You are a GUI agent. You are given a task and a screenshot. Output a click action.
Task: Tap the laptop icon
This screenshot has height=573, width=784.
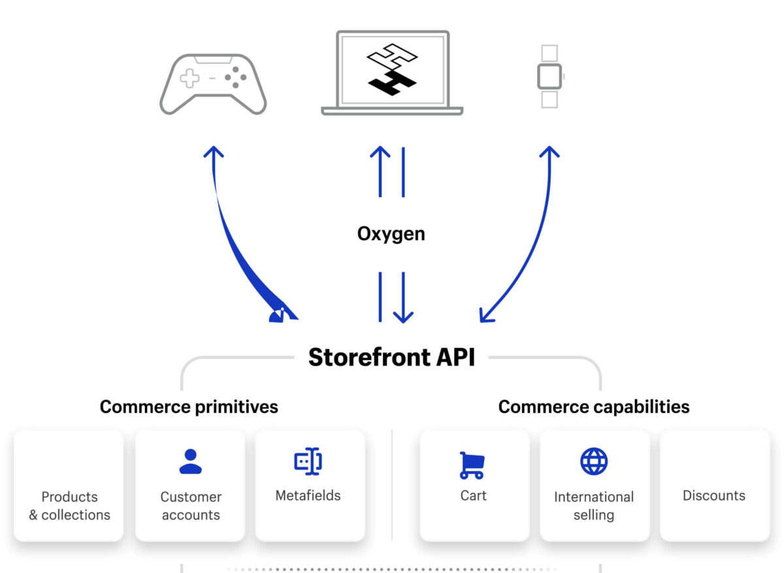tap(392, 73)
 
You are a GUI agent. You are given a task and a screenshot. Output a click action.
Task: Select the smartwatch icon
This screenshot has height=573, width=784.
tap(549, 76)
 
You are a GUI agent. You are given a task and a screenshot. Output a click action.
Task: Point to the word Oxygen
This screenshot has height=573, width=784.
tap(391, 234)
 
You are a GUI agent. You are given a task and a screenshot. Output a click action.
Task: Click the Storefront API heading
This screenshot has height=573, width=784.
tap(391, 358)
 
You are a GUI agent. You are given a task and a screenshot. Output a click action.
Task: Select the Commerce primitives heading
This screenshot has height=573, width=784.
tap(189, 407)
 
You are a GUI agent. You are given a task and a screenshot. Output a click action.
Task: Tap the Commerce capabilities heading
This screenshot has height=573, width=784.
tap(593, 407)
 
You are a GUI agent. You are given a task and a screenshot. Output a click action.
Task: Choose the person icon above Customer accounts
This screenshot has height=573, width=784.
tap(191, 461)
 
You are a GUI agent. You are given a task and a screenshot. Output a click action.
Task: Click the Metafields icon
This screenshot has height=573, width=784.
tap(308, 461)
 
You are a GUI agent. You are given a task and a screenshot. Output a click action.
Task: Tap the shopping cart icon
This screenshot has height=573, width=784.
tap(472, 465)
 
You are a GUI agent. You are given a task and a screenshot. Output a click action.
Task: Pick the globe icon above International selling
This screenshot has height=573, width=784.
tap(594, 461)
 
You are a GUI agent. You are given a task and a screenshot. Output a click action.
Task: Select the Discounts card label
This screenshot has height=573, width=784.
tap(714, 495)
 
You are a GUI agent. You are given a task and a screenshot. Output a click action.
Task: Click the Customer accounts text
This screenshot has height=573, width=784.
tap(191, 506)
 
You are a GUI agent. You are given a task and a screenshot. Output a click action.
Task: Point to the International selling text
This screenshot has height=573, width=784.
tap(594, 506)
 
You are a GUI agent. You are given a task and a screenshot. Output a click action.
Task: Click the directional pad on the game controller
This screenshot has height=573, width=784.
tap(190, 79)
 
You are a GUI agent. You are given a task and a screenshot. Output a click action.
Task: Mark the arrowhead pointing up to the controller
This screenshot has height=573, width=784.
tap(213, 152)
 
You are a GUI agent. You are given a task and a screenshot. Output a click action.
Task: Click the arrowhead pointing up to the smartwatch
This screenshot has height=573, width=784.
tap(549, 152)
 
